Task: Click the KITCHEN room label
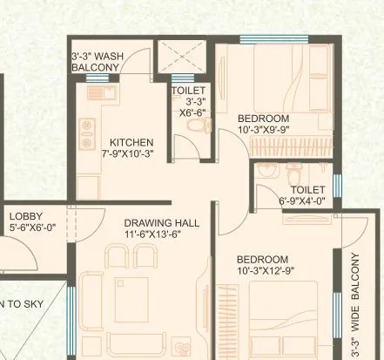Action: pos(131,143)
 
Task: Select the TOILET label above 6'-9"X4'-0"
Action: pos(307,189)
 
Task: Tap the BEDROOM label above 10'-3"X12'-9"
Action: pos(262,260)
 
